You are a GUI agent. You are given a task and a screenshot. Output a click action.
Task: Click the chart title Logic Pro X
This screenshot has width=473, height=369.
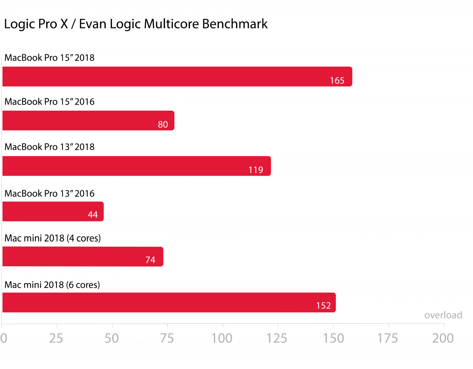point(135,24)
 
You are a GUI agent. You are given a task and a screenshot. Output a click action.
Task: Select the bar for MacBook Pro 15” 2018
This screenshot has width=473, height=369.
point(177,77)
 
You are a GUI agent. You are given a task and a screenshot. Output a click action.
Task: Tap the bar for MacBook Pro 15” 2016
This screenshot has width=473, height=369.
point(88,121)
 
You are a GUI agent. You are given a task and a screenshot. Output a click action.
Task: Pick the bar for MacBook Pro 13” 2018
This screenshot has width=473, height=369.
point(136,166)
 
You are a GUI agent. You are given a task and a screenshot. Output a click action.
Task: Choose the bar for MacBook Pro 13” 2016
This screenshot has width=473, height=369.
point(53,211)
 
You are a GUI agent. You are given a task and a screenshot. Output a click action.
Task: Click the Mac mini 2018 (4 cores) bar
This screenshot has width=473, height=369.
point(83,256)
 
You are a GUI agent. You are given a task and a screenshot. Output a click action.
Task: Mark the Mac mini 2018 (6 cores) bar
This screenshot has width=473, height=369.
point(169,303)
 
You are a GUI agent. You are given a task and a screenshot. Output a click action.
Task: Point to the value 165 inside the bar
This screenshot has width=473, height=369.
point(337,81)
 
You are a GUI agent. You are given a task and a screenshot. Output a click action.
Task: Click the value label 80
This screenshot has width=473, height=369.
point(163,125)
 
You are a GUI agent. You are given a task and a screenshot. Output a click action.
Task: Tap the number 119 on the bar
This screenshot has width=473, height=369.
point(256,170)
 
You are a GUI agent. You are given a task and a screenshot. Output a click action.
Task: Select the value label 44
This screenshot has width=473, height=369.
point(93,215)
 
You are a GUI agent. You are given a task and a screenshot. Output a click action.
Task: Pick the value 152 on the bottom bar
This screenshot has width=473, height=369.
point(323,306)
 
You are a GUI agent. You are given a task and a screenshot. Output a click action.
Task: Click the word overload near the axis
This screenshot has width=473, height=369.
point(443,315)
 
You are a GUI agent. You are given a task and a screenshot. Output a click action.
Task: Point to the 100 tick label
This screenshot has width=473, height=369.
point(222,338)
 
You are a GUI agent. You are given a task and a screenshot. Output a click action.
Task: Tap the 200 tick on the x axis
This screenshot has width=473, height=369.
point(443,338)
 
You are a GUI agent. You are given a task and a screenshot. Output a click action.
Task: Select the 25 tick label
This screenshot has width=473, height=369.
point(56,338)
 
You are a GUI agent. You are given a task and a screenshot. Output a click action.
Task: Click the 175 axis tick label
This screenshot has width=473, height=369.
point(387,338)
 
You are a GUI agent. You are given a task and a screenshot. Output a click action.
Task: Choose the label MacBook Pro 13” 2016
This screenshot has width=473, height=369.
point(50,193)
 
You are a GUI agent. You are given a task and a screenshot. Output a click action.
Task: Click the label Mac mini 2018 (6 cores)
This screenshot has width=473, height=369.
point(52,285)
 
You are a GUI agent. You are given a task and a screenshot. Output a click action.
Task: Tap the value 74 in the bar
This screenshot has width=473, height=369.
point(150,260)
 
